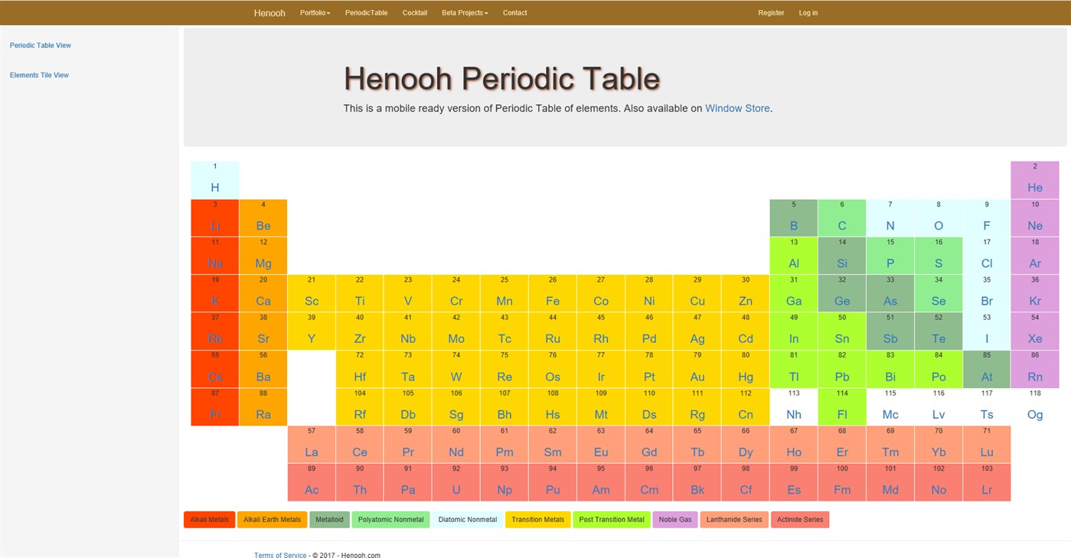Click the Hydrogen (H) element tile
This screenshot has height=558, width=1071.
tap(215, 180)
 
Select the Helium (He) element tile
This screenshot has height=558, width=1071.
tap(1035, 180)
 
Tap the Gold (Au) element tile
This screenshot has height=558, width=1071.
tap(697, 369)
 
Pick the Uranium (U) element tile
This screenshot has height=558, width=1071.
tap(456, 482)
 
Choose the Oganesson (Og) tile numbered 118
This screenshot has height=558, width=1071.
tap(1035, 406)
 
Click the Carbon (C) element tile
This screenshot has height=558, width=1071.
tap(842, 218)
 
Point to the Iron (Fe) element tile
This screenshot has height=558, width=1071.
tap(553, 293)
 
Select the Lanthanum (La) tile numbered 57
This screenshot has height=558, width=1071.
tap(312, 444)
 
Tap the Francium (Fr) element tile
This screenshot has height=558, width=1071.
tap(215, 406)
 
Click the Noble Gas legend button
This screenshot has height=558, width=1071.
tap(675, 520)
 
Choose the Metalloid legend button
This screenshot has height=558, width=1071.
tap(330, 520)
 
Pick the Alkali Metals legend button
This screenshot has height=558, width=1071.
tap(210, 520)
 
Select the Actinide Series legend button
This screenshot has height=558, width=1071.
tap(800, 520)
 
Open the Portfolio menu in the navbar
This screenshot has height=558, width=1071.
tap(315, 13)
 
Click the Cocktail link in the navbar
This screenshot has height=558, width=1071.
tap(415, 13)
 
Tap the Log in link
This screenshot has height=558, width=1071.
tap(808, 13)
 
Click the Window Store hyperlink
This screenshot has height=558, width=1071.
tap(737, 109)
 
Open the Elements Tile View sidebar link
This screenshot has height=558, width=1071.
tap(39, 75)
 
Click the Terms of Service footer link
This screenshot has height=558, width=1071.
tap(280, 555)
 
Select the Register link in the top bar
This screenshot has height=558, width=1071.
tap(771, 13)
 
